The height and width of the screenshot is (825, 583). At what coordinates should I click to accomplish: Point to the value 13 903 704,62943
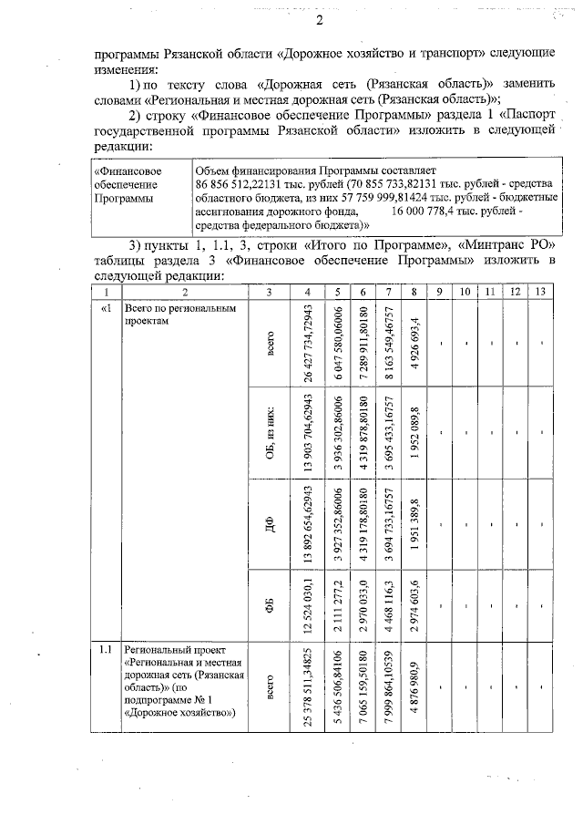[312, 433]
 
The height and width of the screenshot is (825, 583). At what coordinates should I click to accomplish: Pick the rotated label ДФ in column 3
[270, 526]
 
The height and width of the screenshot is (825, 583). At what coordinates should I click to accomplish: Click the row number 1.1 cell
[106, 650]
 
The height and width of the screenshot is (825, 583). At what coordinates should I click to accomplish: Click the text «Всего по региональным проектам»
[174, 315]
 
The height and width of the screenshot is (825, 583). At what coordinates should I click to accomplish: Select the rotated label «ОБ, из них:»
[270, 433]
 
